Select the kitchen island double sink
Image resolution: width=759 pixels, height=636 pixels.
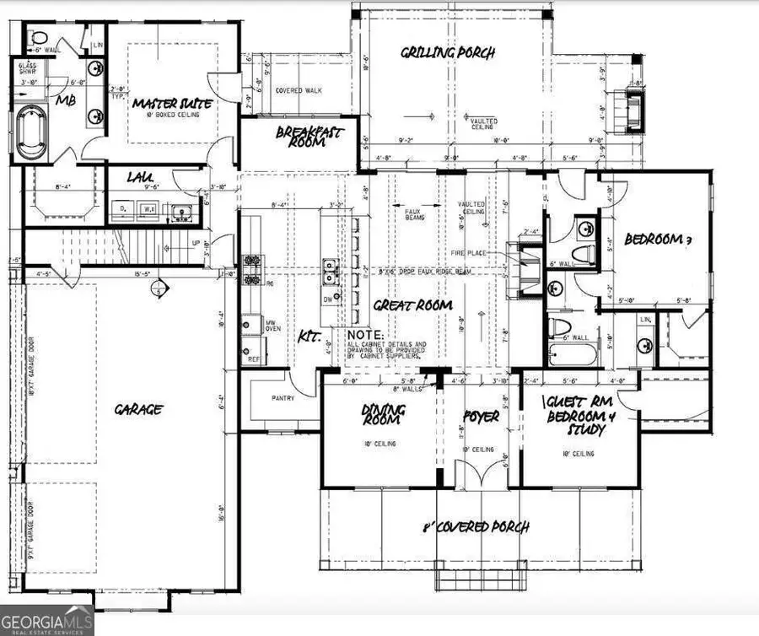click(330, 272)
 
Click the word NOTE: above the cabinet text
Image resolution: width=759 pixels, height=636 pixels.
click(363, 335)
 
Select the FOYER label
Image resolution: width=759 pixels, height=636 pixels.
click(481, 417)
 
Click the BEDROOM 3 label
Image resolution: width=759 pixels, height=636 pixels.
click(658, 240)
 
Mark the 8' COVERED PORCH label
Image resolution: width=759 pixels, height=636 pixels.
click(476, 528)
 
